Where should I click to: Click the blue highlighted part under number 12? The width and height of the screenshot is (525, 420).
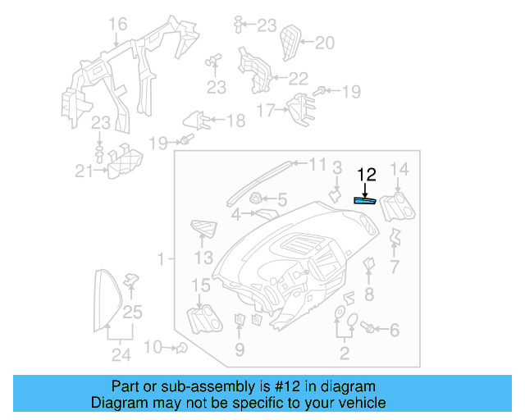(x=364, y=199)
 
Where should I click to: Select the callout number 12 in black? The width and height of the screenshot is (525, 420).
(x=366, y=174)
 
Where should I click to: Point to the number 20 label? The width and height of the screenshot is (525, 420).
(x=325, y=43)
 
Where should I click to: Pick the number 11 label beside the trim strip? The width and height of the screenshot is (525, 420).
(x=317, y=165)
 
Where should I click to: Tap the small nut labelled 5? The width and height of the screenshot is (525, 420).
(x=256, y=198)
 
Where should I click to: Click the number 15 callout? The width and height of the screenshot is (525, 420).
(x=201, y=285)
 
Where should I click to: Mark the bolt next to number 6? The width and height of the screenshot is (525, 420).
(x=369, y=329)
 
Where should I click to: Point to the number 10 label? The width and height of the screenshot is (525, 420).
(x=153, y=348)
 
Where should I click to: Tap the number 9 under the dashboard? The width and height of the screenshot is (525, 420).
(x=240, y=350)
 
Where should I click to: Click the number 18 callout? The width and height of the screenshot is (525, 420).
(x=235, y=121)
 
